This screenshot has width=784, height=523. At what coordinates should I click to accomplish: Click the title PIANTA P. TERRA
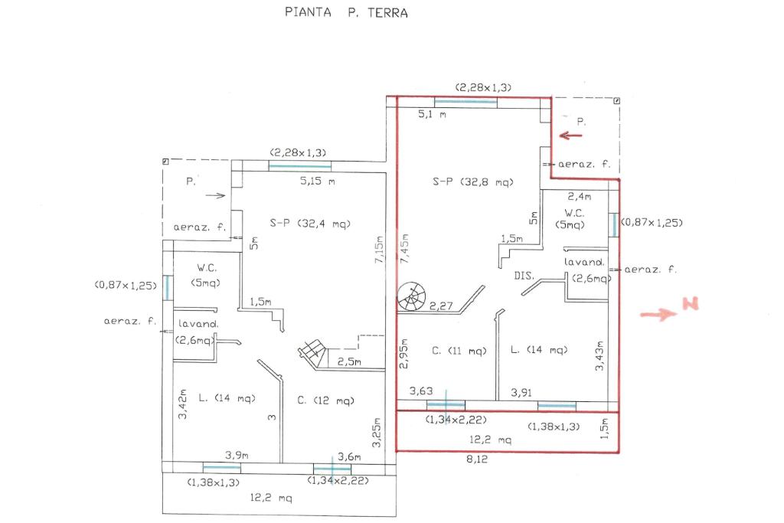point(347,12)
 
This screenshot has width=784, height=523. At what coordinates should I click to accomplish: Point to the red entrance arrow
point(570,136)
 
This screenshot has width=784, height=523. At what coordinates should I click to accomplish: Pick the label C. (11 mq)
point(459,351)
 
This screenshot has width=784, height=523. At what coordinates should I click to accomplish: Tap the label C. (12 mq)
point(325,400)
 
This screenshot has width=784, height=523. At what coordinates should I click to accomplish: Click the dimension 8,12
point(476,459)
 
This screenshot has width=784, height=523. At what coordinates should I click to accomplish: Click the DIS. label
point(524,274)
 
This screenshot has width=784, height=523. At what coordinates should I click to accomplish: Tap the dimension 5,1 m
point(432,114)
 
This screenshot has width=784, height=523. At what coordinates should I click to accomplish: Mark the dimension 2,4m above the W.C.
point(579,197)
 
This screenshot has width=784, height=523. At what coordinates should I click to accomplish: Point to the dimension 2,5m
point(348,361)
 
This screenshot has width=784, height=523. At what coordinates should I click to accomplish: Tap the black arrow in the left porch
point(216,195)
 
